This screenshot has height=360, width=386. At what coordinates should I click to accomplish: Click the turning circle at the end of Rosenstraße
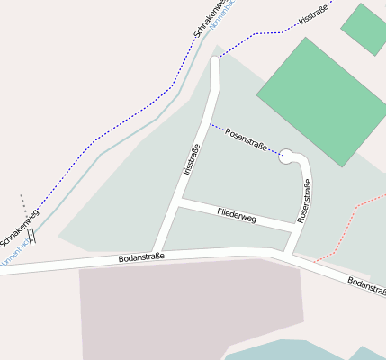(288, 157)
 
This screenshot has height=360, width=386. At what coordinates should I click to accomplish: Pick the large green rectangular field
(322, 101)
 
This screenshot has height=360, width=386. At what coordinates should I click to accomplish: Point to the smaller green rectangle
(365, 28)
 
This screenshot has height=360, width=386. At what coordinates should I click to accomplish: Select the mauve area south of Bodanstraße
(180, 306)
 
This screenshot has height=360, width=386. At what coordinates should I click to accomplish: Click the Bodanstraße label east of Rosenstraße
(366, 285)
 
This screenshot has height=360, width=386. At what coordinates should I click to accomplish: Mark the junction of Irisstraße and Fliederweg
(179, 203)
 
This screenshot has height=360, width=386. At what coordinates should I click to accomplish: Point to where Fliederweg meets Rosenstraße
(293, 226)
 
